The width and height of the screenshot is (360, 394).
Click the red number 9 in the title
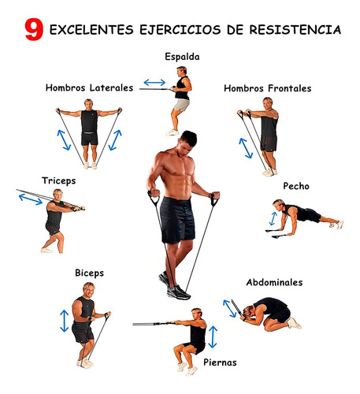(34, 29)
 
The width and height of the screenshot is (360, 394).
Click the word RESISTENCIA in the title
(295, 30)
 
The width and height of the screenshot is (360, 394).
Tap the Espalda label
(182, 57)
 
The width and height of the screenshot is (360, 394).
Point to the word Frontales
(289, 88)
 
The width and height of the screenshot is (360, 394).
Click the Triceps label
(59, 181)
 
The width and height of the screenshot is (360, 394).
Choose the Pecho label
(296, 186)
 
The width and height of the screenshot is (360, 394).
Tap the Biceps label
(90, 273)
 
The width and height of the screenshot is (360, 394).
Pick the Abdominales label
(274, 282)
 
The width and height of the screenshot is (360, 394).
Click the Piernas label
(220, 362)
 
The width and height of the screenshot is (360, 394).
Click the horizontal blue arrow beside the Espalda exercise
(154, 83)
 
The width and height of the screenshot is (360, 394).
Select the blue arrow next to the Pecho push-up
(273, 218)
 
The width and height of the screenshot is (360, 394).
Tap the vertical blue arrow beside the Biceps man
(65, 321)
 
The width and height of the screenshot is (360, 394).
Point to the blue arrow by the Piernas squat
(213, 337)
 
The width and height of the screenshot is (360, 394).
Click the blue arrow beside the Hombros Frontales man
(246, 148)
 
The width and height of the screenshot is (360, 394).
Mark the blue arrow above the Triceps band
(31, 199)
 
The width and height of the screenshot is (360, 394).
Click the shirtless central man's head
(187, 143)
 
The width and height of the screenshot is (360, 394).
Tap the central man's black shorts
(177, 220)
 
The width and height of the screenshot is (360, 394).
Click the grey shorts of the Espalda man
(181, 105)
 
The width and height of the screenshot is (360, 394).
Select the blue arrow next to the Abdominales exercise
(229, 309)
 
